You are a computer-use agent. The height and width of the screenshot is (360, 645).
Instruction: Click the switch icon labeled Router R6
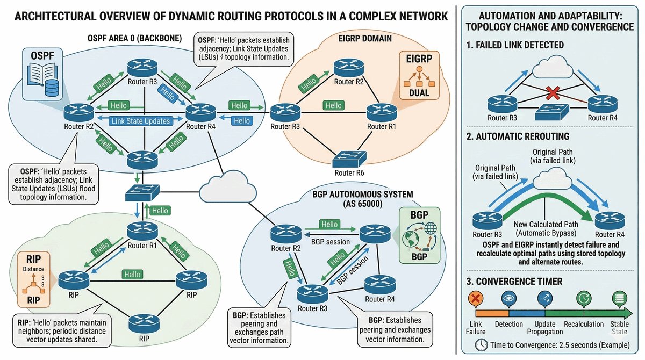349,160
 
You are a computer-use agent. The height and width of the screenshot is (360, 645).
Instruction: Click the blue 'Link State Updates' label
141,122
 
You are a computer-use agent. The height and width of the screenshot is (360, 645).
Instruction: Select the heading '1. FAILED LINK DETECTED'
515,45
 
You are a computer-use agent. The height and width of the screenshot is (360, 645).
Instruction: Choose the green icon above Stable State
619,299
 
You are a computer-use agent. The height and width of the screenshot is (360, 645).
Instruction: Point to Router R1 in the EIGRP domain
381,112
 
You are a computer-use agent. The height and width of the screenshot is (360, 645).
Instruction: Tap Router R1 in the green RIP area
141,231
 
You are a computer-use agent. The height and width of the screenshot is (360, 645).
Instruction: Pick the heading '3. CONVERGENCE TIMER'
514,280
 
